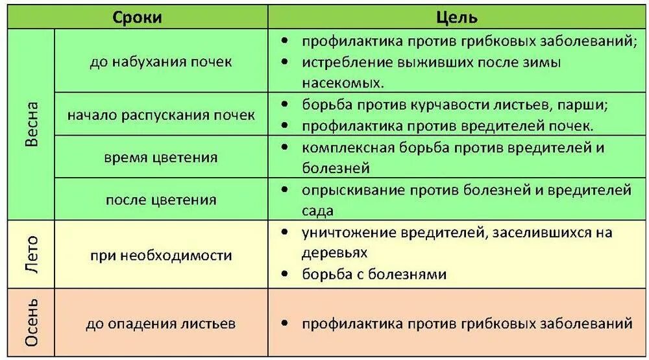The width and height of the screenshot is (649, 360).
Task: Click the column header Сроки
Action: (138, 18)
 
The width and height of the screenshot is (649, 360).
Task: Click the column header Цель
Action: (457, 18)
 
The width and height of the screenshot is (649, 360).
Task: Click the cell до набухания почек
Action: (161, 62)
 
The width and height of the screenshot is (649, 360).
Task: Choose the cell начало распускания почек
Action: (161, 115)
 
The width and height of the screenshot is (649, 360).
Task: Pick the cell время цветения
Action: (161, 158)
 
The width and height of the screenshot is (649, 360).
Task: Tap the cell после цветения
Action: (161, 200)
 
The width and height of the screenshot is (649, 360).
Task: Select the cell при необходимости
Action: (161, 255)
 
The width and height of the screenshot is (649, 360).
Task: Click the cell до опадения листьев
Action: (161, 323)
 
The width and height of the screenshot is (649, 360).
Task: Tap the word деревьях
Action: (335, 253)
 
